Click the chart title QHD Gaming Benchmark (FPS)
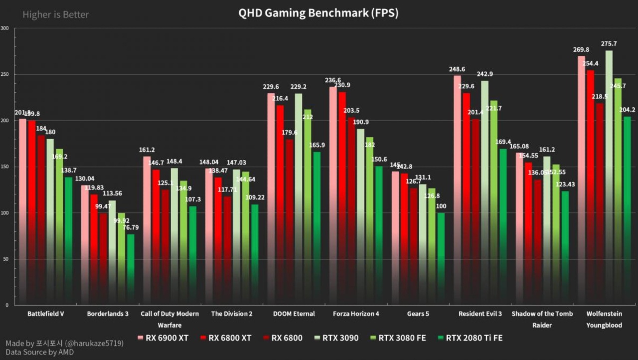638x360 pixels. click(319, 13)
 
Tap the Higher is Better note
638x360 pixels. click(55, 15)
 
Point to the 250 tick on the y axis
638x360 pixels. click(5, 74)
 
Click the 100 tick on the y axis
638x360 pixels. click(5, 213)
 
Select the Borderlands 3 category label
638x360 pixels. click(108, 314)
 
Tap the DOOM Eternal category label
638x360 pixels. click(294, 314)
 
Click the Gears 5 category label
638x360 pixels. click(418, 314)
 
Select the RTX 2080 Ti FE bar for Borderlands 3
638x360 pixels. click(131, 269)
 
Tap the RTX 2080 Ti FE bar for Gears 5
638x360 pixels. click(441, 259)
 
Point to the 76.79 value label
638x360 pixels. click(130, 228)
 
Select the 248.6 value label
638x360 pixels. click(458, 69)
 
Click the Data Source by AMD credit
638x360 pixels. click(40, 352)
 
